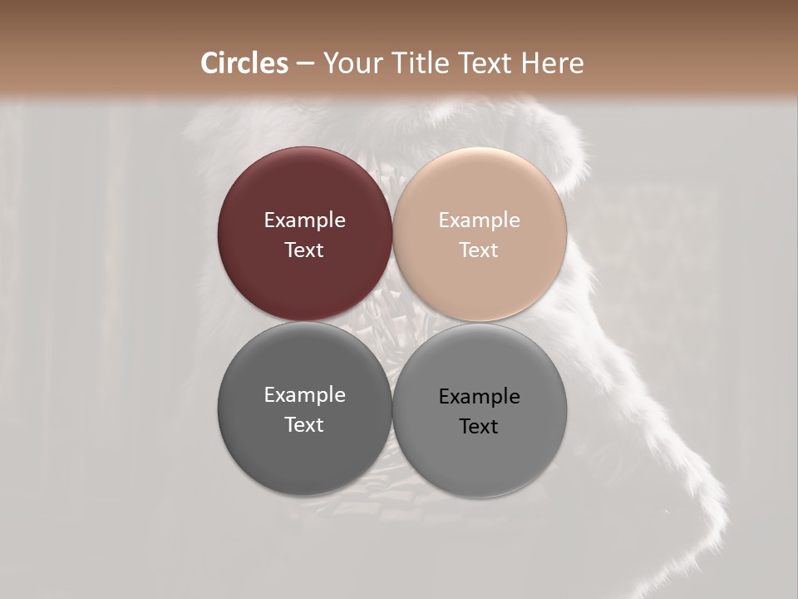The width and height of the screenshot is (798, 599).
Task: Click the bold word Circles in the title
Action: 244,63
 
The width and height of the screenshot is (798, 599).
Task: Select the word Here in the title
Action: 553,63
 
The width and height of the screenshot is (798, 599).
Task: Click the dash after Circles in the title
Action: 305,64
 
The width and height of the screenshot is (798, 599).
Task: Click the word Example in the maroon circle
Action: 304,220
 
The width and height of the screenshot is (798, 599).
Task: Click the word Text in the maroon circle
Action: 304,250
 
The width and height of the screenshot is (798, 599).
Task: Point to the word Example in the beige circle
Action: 480,220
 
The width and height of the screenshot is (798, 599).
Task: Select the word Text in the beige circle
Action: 480,250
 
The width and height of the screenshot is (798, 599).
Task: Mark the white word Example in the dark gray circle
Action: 304,395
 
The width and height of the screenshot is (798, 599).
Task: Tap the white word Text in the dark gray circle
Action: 304,425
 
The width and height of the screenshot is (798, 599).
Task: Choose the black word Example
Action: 480,397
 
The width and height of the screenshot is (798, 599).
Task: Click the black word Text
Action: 480,427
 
